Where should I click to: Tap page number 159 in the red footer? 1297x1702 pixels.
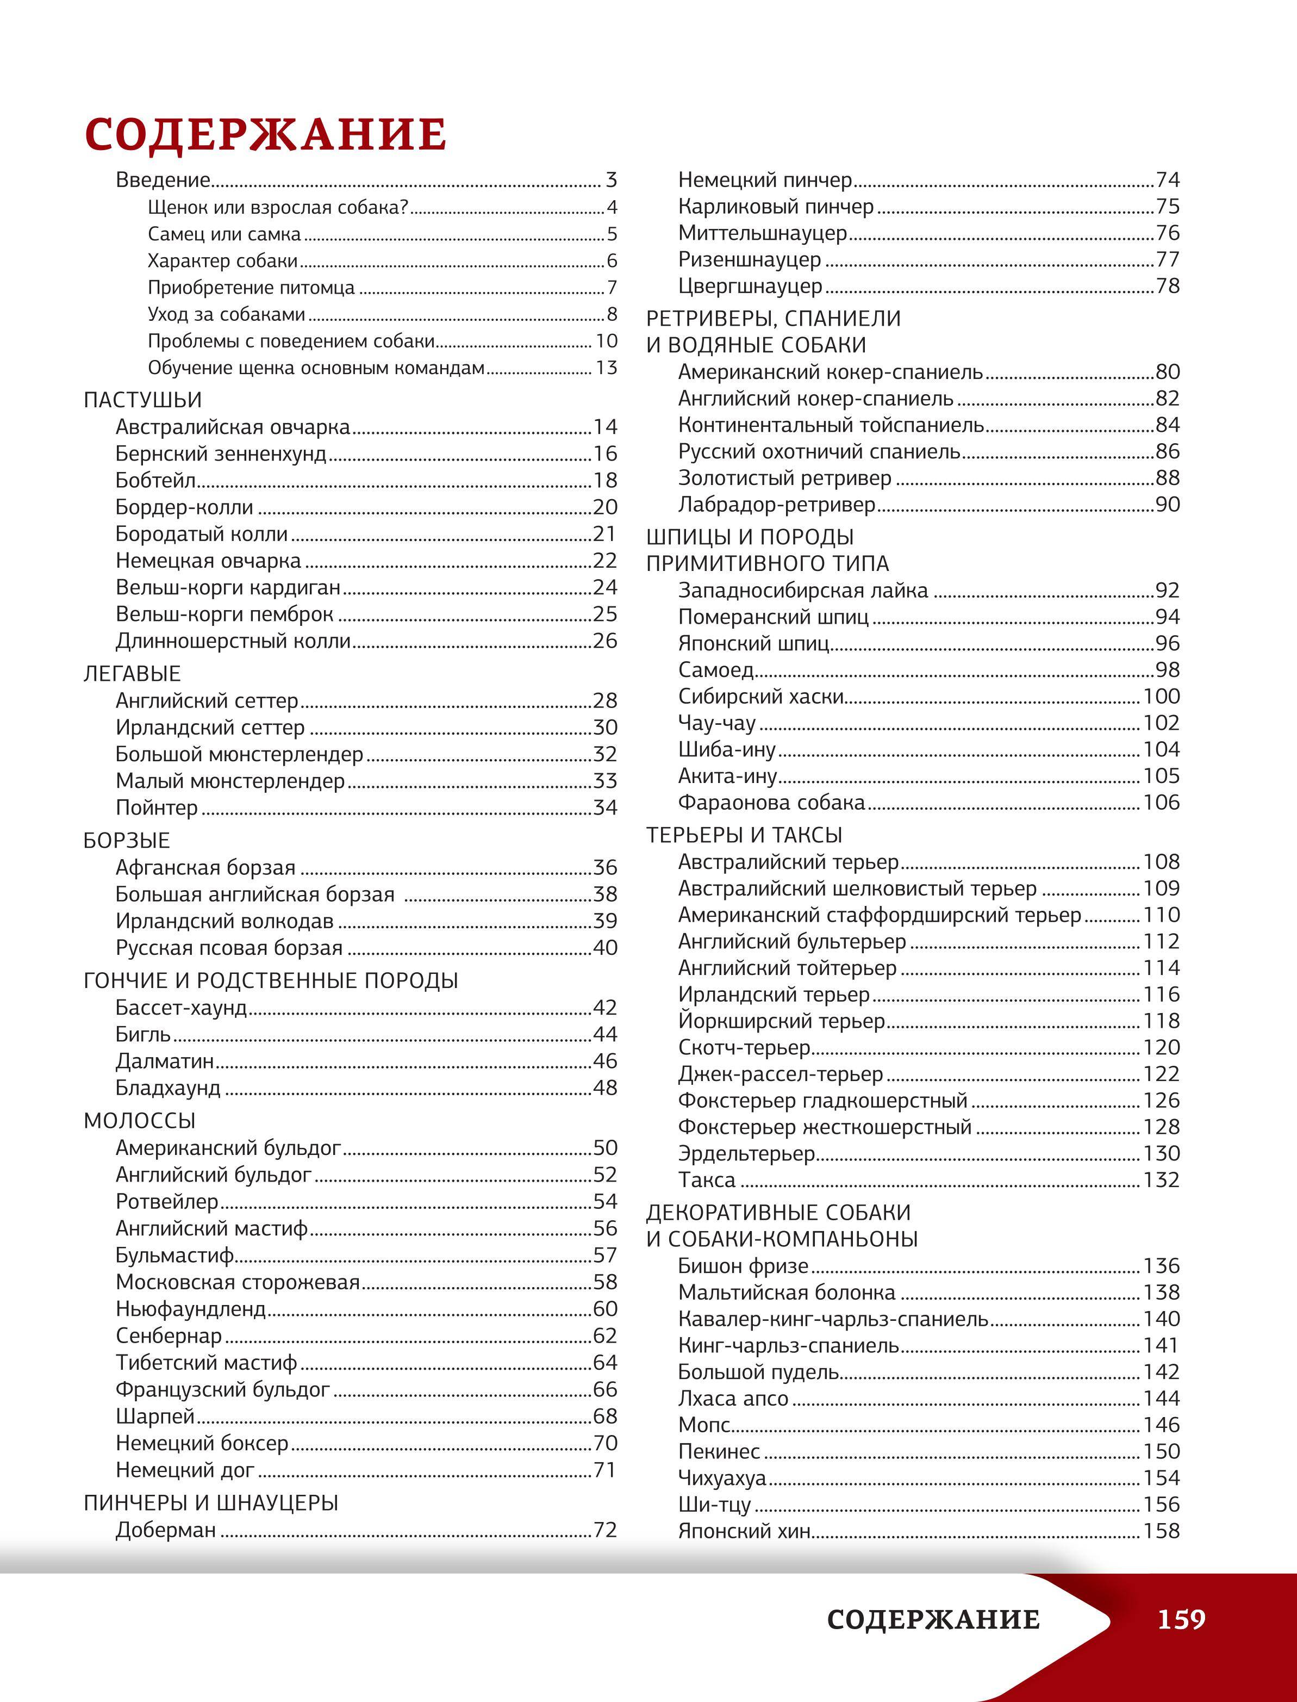(1181, 1619)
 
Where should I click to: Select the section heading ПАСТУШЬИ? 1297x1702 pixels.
(143, 400)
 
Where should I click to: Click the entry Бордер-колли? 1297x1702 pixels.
(184, 507)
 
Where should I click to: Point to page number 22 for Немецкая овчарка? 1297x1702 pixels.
(604, 561)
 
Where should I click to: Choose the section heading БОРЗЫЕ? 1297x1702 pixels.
(127, 840)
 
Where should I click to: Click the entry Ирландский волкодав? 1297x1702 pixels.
(225, 921)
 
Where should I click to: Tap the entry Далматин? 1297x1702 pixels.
(165, 1061)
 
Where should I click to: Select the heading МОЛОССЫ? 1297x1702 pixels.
(140, 1121)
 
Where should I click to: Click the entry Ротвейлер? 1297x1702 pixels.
(167, 1202)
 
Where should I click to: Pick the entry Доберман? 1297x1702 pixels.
(166, 1530)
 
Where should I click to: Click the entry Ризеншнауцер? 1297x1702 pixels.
(750, 259)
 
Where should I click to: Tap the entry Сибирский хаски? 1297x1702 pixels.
(761, 697)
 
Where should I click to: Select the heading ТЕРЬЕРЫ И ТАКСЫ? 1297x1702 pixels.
(744, 835)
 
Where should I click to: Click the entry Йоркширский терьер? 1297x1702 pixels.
(781, 1021)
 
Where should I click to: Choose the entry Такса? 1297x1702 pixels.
(707, 1180)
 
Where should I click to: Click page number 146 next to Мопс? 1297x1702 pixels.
(1161, 1425)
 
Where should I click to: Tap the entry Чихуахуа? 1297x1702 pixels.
(722, 1478)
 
